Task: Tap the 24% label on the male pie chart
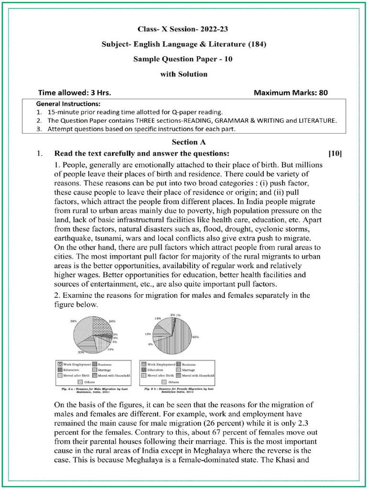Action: (113, 321)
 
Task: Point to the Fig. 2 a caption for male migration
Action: (93, 390)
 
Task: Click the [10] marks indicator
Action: (335, 154)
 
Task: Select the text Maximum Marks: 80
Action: (291, 93)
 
